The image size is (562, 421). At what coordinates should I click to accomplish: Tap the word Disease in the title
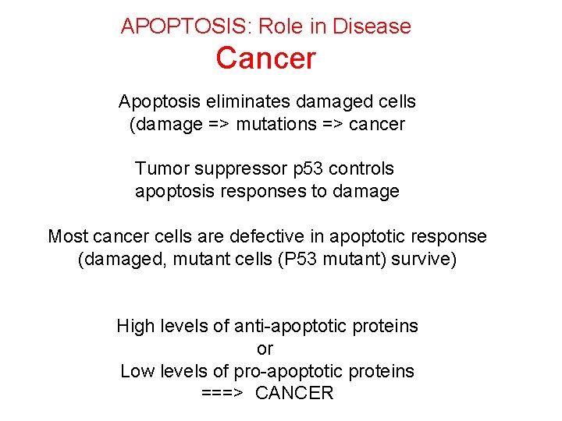click(372, 26)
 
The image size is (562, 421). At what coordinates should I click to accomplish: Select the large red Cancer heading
click(266, 58)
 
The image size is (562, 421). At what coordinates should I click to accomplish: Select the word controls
click(362, 168)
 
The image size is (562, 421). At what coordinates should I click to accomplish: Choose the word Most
click(68, 236)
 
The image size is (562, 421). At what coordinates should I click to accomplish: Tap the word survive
click(426, 259)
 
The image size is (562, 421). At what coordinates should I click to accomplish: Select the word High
click(134, 326)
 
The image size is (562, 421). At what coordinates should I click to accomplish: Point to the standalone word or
click(265, 348)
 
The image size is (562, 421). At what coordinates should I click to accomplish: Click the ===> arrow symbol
click(223, 394)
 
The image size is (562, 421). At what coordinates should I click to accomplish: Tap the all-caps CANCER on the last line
click(294, 394)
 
